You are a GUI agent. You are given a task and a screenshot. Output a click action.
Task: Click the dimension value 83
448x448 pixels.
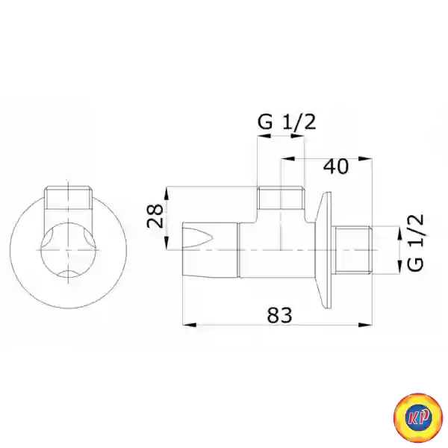279,315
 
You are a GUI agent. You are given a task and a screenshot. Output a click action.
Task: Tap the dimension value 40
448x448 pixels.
336,167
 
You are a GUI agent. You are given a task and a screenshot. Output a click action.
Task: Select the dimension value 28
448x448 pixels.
155,216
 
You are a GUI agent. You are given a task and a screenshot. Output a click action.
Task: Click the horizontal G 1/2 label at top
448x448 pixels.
287,122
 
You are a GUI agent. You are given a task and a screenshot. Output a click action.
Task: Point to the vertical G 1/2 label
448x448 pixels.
415,242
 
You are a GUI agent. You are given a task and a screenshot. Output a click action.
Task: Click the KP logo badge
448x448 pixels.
418,417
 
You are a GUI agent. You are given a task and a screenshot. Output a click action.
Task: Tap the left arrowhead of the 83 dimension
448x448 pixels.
189,325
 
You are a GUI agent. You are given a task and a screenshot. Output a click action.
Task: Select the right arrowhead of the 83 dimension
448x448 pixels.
365,325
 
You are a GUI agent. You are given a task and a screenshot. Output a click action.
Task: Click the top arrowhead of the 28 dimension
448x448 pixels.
167,193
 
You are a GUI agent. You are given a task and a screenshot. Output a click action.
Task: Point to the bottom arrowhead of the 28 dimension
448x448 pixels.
167,243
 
